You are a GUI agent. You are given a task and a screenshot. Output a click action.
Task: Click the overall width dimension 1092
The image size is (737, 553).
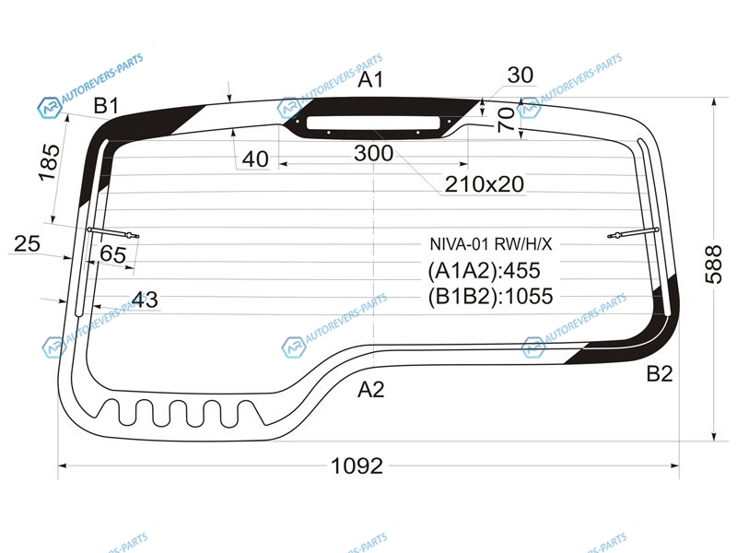click(x=357, y=466)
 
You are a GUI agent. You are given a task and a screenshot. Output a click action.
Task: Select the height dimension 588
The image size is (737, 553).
click(x=713, y=265)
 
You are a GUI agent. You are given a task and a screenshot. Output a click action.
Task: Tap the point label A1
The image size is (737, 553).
click(x=370, y=79)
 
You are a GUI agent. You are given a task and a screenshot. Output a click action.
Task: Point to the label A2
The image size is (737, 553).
click(x=370, y=390)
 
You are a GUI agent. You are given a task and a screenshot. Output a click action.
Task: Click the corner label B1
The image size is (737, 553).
click(x=106, y=106)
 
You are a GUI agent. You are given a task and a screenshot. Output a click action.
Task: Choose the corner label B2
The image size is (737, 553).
click(x=660, y=373)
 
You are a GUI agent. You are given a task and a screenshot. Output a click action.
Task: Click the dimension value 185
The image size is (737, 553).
click(x=50, y=163)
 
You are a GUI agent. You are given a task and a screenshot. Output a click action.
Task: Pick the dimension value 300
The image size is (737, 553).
click(x=373, y=153)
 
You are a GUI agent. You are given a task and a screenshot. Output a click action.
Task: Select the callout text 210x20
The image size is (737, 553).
click(x=485, y=183)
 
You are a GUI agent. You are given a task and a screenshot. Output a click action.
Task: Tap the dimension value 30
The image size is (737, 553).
click(x=521, y=75)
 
